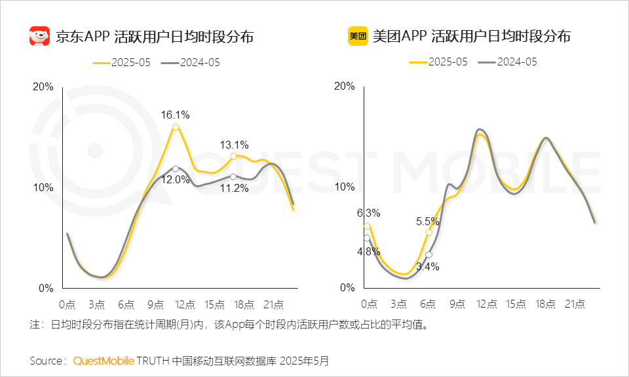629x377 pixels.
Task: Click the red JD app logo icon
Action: click(x=40, y=35)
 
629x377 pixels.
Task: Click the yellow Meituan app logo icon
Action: click(x=358, y=35)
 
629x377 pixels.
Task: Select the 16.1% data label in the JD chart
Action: click(x=175, y=115)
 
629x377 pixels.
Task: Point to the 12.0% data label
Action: click(x=175, y=179)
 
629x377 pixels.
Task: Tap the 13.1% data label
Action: click(x=234, y=145)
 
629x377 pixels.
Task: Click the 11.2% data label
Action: click(x=234, y=188)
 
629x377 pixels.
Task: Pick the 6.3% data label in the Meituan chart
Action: click(x=368, y=213)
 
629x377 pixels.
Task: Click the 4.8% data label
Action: click(x=368, y=251)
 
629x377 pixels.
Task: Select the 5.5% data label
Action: click(x=427, y=221)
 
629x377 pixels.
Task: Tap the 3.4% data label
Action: click(x=427, y=266)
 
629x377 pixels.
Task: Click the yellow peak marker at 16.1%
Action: click(x=175, y=127)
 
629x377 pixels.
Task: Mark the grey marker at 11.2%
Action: click(x=234, y=176)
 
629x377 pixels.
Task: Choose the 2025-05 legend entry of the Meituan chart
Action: click(x=438, y=62)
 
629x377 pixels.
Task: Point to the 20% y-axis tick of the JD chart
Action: click(x=43, y=86)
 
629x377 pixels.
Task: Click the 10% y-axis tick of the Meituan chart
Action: click(x=345, y=187)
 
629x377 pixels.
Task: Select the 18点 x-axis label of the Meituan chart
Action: click(x=545, y=304)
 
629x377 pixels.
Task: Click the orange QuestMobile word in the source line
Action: click(x=104, y=361)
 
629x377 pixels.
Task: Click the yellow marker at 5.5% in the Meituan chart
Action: click(x=429, y=232)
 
